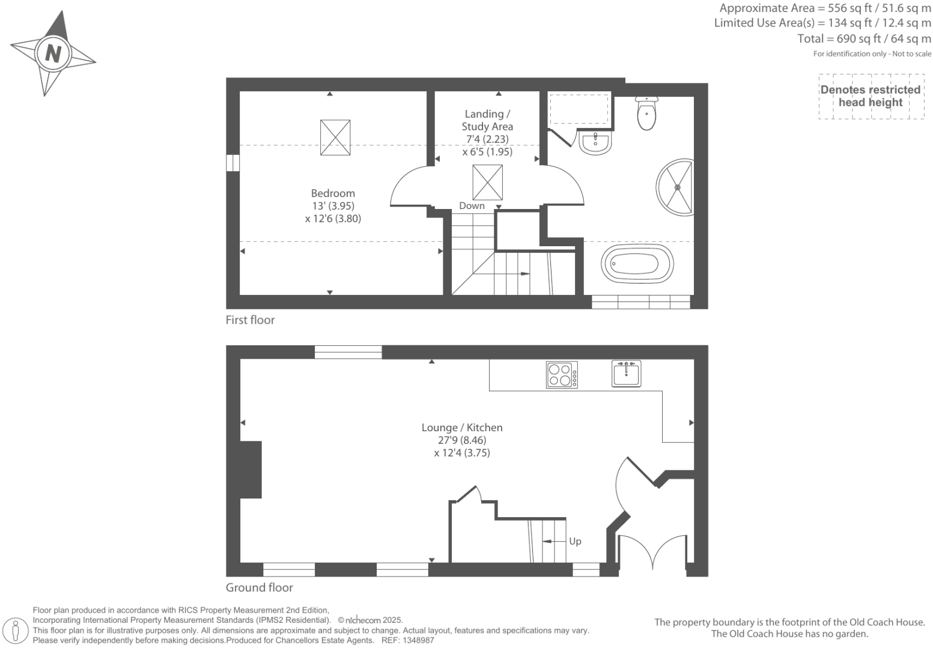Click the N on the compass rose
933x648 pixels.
tap(53, 53)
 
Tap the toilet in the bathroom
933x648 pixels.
tap(646, 114)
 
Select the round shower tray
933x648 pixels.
tap(676, 187)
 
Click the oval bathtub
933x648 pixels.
tap(637, 263)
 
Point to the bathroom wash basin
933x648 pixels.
tap(595, 144)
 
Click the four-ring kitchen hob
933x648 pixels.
tap(562, 374)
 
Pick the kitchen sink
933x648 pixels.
tap(627, 372)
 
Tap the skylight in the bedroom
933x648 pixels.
tap(335, 138)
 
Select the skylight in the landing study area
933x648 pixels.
tap(487, 183)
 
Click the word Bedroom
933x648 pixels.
tap(333, 193)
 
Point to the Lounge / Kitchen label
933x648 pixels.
tap(461, 428)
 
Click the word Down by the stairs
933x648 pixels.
tap(472, 206)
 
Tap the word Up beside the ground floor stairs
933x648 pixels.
tap(575, 541)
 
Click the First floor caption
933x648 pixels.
tap(250, 320)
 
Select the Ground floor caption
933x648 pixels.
tap(259, 587)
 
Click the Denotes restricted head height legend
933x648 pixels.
tap(870, 96)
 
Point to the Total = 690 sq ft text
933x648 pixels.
tap(864, 39)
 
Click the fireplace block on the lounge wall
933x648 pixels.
tap(251, 470)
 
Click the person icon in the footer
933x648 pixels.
tap(16, 631)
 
